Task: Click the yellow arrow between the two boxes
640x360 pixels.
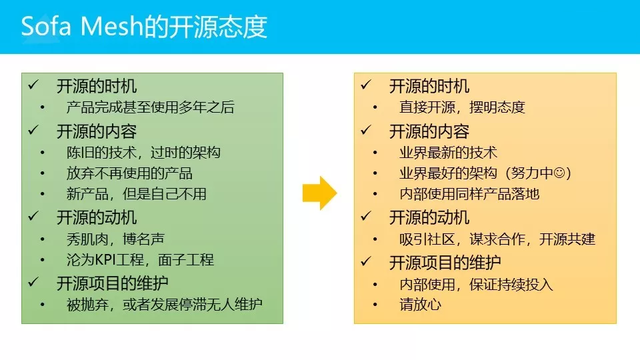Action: pos(319,193)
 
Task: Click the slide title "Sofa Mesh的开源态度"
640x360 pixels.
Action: pos(144,27)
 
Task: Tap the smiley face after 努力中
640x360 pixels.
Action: pos(559,173)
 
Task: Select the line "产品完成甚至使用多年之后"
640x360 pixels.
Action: pos(150,107)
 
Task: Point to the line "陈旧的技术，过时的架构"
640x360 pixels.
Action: pos(143,153)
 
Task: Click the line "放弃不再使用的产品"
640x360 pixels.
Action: pos(129,173)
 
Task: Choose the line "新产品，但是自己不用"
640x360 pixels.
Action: pos(136,194)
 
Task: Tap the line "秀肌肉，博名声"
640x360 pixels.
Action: pos(115,239)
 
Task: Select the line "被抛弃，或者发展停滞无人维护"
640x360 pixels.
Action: pos(164,304)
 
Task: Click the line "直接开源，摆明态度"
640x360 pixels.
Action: pos(462,107)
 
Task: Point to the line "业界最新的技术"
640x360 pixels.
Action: pos(448,153)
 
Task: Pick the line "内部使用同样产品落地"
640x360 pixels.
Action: pos(469,194)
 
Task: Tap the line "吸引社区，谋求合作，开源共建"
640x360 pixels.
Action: pos(497,239)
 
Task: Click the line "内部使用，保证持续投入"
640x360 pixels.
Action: pos(476,285)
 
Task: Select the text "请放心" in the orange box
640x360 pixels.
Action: pos(421,305)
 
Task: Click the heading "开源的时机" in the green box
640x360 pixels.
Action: pos(97,86)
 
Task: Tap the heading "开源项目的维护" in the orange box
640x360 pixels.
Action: pos(445,263)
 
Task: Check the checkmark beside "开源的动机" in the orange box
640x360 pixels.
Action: pos(366,217)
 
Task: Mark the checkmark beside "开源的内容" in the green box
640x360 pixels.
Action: pos(33,130)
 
